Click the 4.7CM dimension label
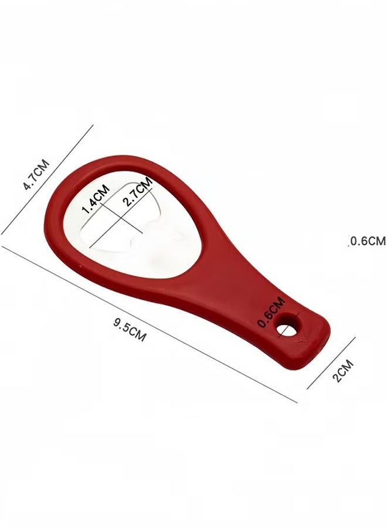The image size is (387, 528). (x=36, y=174)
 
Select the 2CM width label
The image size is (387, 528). (x=343, y=370)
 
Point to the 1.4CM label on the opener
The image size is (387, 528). (x=96, y=199)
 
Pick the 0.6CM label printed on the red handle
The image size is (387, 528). (x=271, y=312)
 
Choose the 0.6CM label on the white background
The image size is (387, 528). (x=368, y=241)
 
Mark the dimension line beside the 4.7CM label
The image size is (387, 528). (x=47, y=180)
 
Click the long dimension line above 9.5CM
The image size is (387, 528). (x=150, y=324)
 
